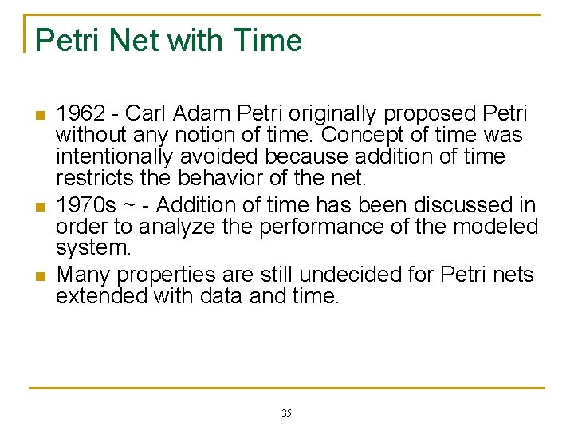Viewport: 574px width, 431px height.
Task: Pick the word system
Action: pyautogui.click(x=92, y=248)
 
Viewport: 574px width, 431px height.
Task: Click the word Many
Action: pyautogui.click(x=83, y=275)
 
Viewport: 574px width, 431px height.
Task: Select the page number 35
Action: pyautogui.click(x=286, y=413)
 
